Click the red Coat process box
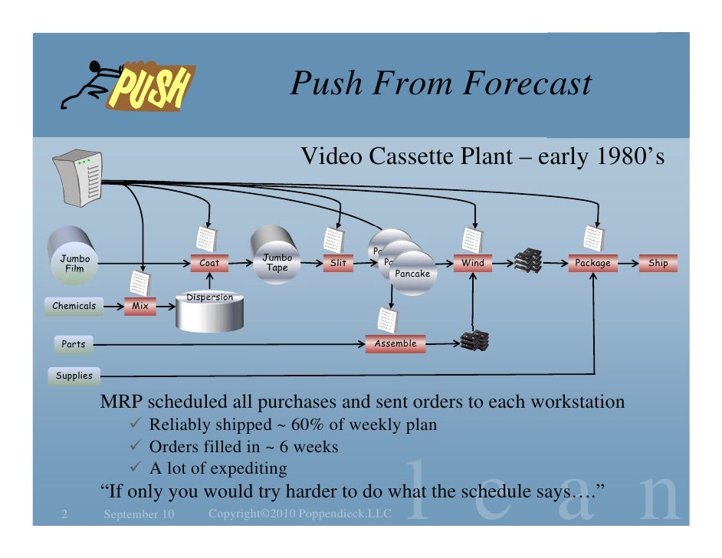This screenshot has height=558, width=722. point(208,263)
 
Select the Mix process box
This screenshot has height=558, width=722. point(140,306)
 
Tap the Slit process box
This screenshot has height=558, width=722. point(338,263)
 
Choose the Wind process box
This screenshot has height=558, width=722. point(472,263)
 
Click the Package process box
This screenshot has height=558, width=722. point(592,263)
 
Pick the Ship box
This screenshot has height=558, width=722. point(658,263)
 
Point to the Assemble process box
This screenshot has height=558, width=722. point(395,343)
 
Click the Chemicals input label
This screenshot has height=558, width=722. point(74,306)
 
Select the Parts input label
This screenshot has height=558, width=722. point(74,344)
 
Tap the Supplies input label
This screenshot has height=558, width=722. point(74,376)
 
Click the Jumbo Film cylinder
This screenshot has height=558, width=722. point(74,256)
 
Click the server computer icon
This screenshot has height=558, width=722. point(77,179)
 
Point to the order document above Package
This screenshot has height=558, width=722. point(592,237)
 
